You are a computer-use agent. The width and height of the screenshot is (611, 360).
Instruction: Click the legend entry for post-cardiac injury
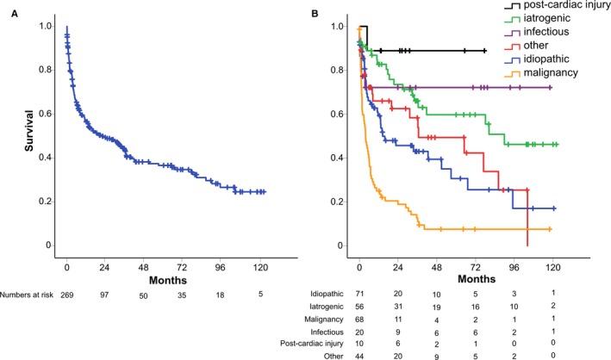(552, 7)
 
